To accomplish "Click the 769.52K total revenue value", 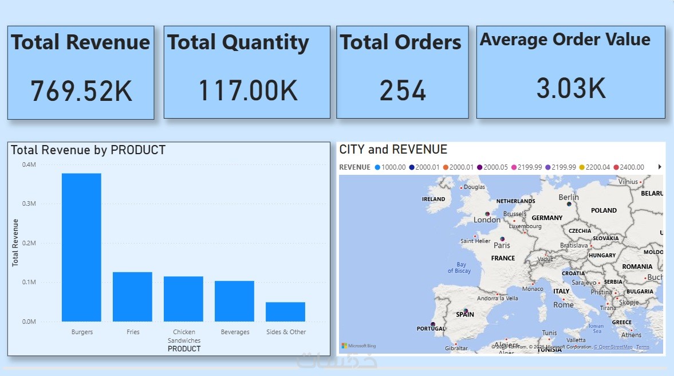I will tap(81, 91).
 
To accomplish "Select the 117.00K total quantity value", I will tap(247, 91).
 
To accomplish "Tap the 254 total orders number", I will tap(403, 91).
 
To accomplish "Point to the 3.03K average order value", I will tap(570, 88).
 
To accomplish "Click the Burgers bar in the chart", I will tap(81, 247).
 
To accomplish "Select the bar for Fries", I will tap(132, 296).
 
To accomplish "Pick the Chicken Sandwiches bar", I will tap(183, 299).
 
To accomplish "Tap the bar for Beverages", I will tap(234, 301).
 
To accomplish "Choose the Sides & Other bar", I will tap(285, 311).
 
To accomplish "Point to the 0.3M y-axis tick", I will tap(29, 204).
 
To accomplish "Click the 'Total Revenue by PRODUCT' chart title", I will tap(88, 150).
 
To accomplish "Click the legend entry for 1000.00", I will tap(389, 167).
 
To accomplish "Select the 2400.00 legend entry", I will tap(629, 167).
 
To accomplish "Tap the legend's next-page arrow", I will tap(660, 167).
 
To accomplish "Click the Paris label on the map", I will tap(502, 245).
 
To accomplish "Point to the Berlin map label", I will tap(569, 197).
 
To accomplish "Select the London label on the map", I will tap(487, 220).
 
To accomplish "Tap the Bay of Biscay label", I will tap(459, 268).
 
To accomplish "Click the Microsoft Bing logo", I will tap(359, 346).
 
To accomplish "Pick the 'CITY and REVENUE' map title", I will tap(393, 150).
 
